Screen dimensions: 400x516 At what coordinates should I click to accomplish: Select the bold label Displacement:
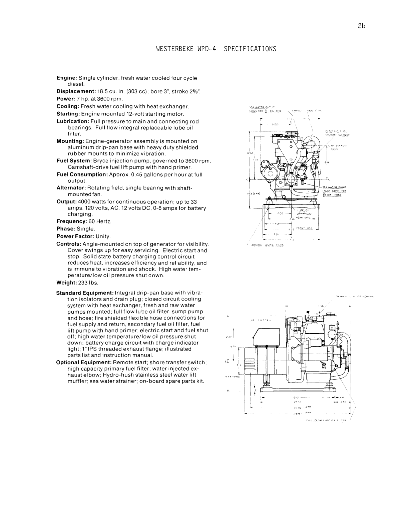pyautogui.click(x=76, y=92)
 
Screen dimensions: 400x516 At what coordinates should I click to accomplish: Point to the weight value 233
pyautogui.click(x=82, y=283)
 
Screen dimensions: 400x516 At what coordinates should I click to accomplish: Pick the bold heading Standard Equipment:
pyautogui.click(x=84, y=293)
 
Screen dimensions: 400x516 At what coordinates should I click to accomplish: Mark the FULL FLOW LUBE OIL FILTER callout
pyautogui.click(x=327, y=421)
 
